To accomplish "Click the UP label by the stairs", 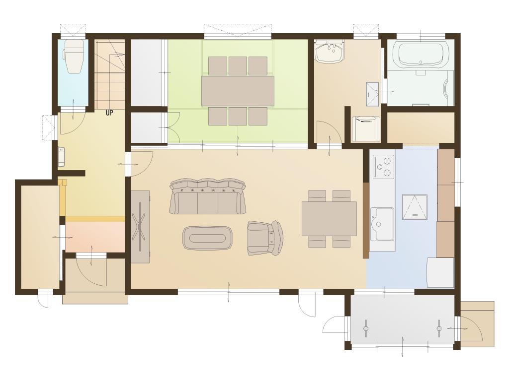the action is pos(109,113).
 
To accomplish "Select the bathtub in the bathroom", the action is pos(421,55).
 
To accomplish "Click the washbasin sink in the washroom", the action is pos(330,52).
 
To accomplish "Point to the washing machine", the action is pos(366,128).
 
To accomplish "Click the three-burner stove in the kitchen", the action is pos(383,167).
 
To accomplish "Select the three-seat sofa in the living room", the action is pos(208,196).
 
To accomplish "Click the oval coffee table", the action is pos(208,238).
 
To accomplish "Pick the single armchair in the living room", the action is pos(265,238).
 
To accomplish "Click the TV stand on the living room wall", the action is pos(141,227).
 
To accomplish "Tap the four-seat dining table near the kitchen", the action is pos(329,219).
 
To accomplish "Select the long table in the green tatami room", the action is pos(238,91).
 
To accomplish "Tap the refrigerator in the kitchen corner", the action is pos(440,272).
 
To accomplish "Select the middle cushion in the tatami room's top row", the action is pos(238,66).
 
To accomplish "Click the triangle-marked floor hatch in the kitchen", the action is pos(415,207).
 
